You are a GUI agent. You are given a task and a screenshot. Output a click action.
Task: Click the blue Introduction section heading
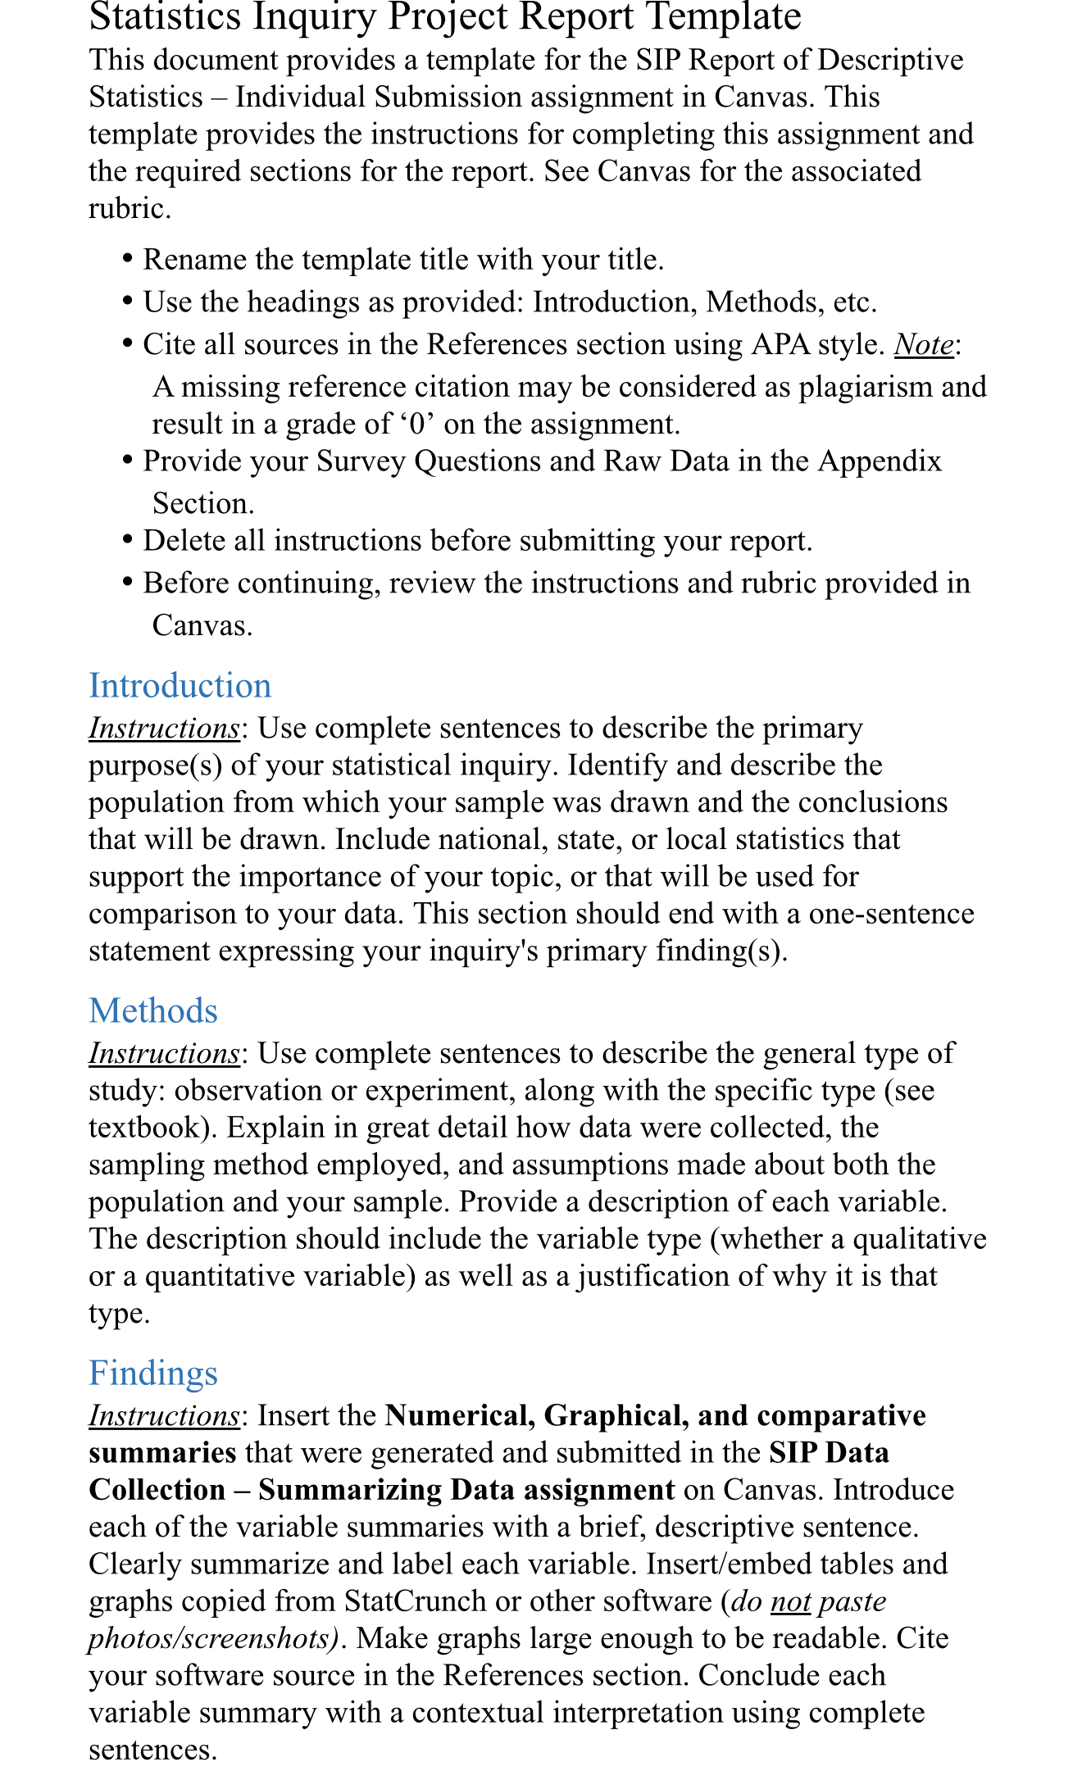pyautogui.click(x=180, y=686)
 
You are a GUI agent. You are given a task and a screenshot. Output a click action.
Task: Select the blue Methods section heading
pyautogui.click(x=153, y=1011)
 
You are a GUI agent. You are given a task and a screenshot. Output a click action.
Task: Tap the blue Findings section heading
pyautogui.click(x=153, y=1374)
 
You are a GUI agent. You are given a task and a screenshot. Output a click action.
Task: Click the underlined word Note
pyautogui.click(x=924, y=344)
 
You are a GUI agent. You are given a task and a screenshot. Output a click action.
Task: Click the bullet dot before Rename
pyautogui.click(x=127, y=260)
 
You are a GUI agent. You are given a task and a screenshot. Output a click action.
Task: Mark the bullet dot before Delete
pyautogui.click(x=127, y=541)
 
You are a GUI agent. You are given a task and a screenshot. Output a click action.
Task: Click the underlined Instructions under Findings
pyautogui.click(x=164, y=1416)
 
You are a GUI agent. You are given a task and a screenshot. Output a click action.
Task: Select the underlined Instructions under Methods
pyautogui.click(x=164, y=1053)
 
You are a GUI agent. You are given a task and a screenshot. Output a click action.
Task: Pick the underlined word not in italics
pyautogui.click(x=791, y=1601)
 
